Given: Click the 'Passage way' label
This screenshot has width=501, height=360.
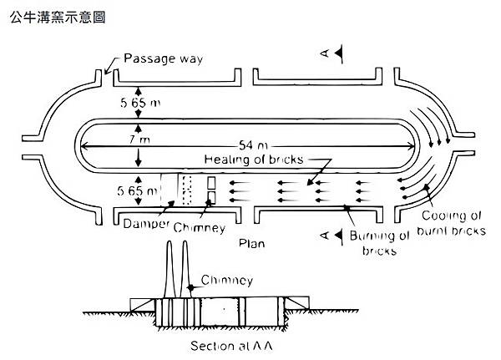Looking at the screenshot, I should coord(163,59).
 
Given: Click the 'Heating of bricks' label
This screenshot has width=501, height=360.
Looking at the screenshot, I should coord(255,159).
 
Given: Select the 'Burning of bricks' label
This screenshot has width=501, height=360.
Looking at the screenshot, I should coord(381,242).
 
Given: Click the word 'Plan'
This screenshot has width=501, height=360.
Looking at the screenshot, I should coord(251,244).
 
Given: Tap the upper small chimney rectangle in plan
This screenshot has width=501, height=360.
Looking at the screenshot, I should coord(212,182).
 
